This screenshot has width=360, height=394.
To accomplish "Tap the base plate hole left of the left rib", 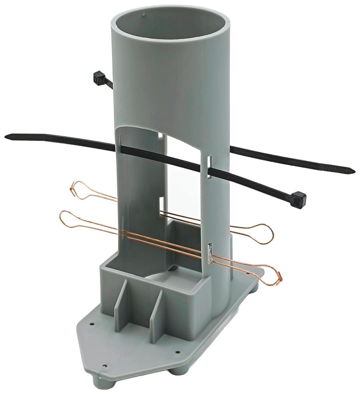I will click(x=92, y=324).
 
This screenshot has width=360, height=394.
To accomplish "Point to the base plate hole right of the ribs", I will click(x=178, y=352).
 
